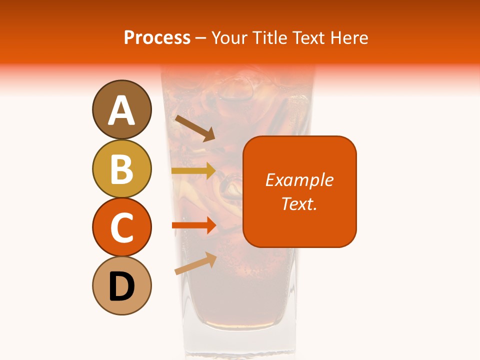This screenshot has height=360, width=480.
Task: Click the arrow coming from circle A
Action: tap(194, 128)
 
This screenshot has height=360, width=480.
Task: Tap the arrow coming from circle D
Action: tap(195, 263)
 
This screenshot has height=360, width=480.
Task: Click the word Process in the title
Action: tap(157, 37)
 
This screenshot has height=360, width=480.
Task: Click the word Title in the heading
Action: tap(268, 37)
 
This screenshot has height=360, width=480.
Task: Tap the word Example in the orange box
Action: tap(299, 180)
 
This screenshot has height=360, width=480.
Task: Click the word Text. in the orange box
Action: tap(299, 203)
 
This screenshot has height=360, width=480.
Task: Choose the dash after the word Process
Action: tap(201, 38)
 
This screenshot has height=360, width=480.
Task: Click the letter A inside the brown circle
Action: tap(121, 111)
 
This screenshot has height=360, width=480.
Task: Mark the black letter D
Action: tap(121, 287)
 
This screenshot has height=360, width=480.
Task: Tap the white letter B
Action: tap(121, 169)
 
